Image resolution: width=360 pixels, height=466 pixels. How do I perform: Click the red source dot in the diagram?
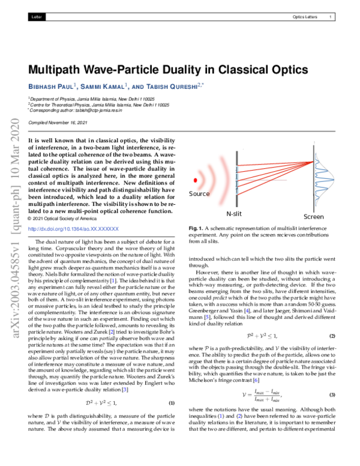click(194, 180)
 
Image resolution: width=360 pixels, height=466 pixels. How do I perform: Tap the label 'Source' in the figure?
click(199, 194)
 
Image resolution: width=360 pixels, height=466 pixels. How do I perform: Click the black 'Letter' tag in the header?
click(35, 17)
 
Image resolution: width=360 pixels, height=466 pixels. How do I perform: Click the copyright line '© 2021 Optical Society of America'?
click(66, 219)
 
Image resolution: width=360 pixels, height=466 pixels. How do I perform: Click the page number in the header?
click(331, 17)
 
